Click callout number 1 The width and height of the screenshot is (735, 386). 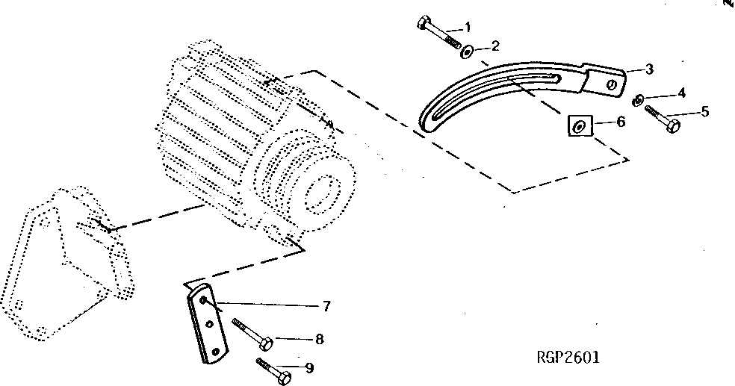point(468,28)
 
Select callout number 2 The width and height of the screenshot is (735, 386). point(494,46)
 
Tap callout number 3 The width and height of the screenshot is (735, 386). point(649,69)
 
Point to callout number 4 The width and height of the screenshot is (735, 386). point(680,94)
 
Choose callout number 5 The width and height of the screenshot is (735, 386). point(704,113)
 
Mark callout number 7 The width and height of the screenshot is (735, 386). point(326,305)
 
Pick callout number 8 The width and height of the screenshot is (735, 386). point(319,339)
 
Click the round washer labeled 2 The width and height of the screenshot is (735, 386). point(466,51)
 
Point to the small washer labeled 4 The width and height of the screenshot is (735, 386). point(639,99)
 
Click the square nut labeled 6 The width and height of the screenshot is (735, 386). point(580,126)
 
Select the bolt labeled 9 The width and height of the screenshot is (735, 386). point(273,370)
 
